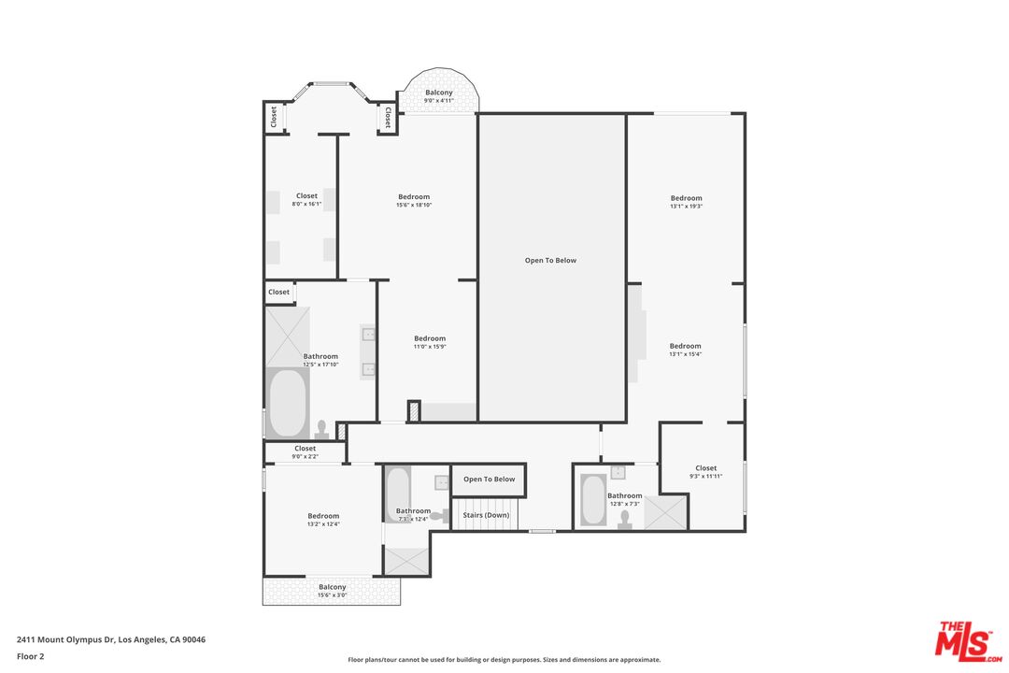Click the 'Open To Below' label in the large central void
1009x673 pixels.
click(550, 261)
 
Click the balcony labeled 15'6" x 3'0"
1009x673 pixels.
click(332, 591)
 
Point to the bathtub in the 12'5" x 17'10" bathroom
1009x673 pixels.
click(288, 404)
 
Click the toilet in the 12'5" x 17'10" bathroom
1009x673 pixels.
click(322, 428)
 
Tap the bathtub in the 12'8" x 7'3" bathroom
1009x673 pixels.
click(593, 500)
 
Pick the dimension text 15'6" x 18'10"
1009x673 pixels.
click(414, 205)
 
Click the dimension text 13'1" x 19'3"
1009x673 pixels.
click(686, 207)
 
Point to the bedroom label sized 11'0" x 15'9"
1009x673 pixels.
click(430, 338)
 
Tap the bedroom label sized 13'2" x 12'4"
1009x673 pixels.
click(323, 516)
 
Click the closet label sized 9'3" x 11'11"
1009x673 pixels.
click(706, 468)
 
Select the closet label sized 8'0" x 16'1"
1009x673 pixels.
click(306, 196)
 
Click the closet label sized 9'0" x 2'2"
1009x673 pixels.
click(305, 449)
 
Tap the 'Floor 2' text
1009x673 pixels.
click(30, 656)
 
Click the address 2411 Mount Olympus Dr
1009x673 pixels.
click(111, 639)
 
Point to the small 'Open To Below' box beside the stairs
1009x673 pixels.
click(489, 480)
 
